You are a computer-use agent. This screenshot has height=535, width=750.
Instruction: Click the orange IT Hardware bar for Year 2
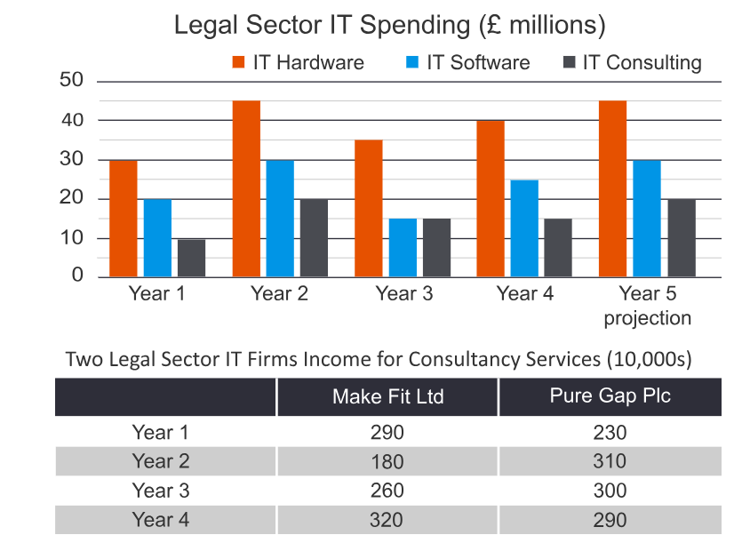coord(246,188)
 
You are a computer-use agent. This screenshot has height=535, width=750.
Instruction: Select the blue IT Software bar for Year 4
coord(524,228)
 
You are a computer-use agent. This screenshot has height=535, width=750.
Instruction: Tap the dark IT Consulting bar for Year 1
coord(191,258)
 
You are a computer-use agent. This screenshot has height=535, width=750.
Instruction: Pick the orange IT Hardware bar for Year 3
coord(368,208)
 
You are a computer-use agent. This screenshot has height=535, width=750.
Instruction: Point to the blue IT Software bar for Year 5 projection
coord(646,219)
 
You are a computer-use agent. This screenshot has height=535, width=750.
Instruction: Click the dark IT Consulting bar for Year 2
coord(314,237)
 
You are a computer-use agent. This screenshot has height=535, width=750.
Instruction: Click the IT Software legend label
coord(478,63)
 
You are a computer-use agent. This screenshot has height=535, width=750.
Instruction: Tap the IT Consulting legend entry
coord(632,63)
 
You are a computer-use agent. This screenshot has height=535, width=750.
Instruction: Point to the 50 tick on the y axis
coord(72,80)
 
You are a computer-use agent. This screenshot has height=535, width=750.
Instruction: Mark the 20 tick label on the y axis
coord(72,198)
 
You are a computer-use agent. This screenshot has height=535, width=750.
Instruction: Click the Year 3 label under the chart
coord(403,294)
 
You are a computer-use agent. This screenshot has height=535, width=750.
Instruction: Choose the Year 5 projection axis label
coord(647,305)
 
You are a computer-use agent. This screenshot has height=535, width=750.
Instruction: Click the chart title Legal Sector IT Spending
coord(389,25)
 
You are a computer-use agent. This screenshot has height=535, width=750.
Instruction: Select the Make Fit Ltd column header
coord(387,397)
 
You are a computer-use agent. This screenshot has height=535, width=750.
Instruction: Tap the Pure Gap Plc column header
coord(610,396)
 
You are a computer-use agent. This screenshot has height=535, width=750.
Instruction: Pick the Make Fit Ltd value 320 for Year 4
coord(387,520)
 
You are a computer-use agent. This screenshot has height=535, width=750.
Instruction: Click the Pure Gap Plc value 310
coord(610,462)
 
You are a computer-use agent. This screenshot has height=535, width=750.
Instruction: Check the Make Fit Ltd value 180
coord(387,462)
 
